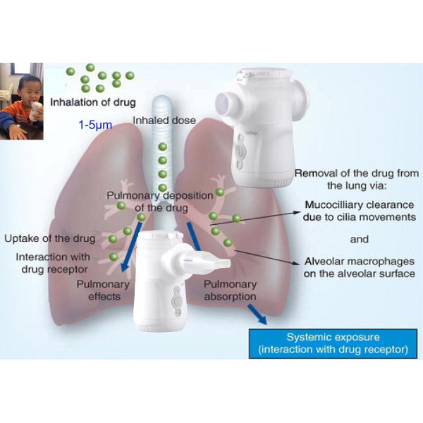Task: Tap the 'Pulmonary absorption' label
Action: [x=230, y=290]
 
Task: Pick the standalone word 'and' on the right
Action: [x=359, y=239]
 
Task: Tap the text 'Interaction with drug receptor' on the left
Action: [x=51, y=262]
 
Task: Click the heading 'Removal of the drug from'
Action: [x=356, y=173]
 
